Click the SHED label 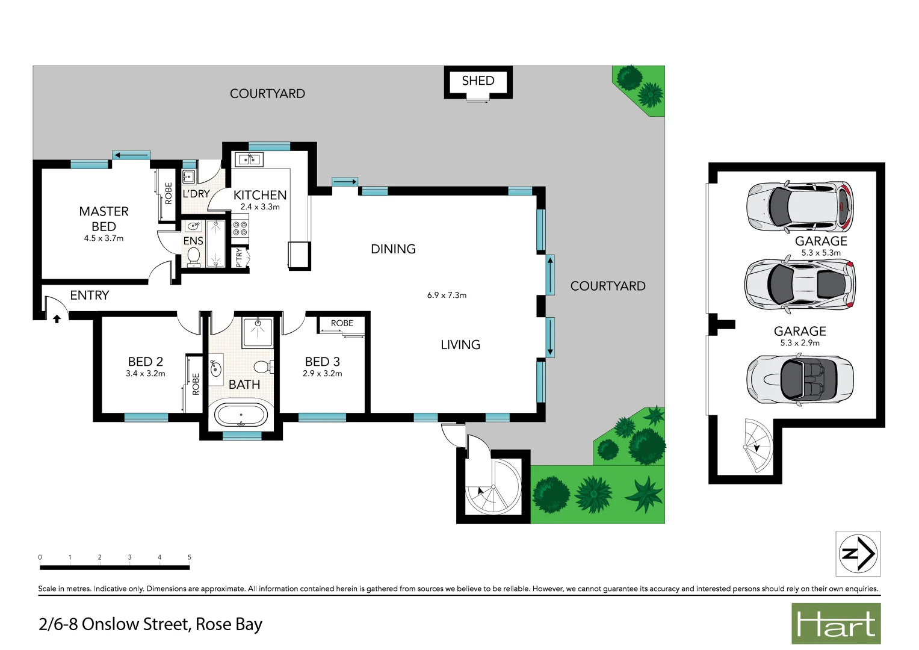coord(478,81)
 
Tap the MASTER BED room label coord(104,218)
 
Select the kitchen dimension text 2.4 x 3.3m coord(260,207)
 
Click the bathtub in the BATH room coord(241,415)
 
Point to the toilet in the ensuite coord(194,256)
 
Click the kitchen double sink coord(249,159)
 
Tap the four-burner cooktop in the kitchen coord(240,228)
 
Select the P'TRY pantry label coord(239,258)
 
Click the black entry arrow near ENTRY coord(57,318)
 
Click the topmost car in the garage coord(800,206)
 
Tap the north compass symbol coord(858,553)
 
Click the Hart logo coord(836,624)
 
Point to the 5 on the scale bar coord(189,557)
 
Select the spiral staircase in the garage coord(758,446)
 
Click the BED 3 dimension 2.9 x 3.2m coord(323,374)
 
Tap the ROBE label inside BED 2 coord(196,384)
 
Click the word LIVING coord(460,345)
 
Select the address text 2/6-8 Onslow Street coord(150,624)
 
